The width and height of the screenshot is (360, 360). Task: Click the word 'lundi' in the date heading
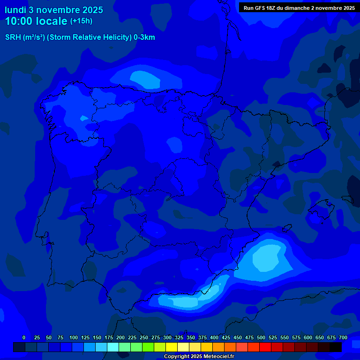pos(15,10)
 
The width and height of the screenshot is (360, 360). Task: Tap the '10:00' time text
pos(20,21)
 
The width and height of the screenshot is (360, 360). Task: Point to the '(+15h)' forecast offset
pos(81,21)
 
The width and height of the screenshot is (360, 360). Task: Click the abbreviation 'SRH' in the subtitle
pos(13,37)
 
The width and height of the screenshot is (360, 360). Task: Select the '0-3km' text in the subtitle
pos(144,37)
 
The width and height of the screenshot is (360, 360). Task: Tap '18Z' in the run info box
pos(273,8)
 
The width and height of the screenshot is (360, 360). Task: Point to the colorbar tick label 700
pos(343,337)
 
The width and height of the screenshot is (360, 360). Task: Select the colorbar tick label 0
pos(24,337)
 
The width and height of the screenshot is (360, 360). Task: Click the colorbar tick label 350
pos(191,337)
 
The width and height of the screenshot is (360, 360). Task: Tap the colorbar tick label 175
pos(109,337)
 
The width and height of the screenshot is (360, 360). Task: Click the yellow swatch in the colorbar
pos(172,347)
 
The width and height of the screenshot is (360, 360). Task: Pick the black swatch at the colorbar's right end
pos(336,347)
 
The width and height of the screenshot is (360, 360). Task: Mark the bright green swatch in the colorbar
pos(148,347)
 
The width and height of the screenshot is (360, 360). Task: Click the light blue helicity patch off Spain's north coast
pos(145,78)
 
